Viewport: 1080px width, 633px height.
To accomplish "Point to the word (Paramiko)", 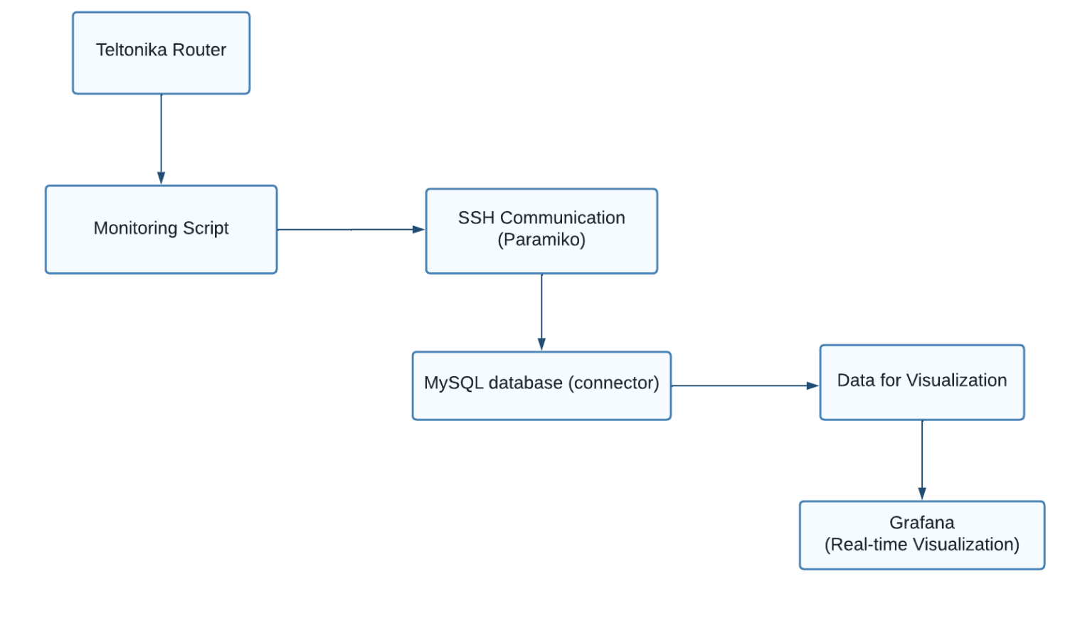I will click(541, 240).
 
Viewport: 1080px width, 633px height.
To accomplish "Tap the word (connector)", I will click(613, 383).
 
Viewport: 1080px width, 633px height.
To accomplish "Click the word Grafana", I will click(921, 523).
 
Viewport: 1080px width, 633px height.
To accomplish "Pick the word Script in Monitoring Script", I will click(206, 228).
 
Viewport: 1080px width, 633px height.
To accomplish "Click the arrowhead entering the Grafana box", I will click(922, 494).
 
